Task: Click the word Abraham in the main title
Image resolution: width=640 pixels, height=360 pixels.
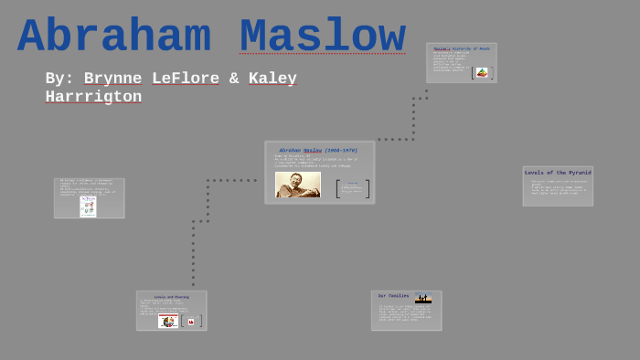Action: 113,38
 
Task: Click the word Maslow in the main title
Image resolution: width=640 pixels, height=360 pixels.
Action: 322,38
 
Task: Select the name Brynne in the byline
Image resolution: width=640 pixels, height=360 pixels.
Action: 112,79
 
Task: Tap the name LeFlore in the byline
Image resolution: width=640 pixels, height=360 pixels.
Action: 186,79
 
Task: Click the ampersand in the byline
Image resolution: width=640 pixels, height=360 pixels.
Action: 234,79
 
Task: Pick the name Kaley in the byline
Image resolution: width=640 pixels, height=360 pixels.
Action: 272,79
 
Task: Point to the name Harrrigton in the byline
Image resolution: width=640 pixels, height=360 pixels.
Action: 93,97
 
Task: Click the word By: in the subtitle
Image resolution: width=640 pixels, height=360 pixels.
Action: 59,79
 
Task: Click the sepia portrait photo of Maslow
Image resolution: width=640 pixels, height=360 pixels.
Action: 298,185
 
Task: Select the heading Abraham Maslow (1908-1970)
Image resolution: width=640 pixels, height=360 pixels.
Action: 318,150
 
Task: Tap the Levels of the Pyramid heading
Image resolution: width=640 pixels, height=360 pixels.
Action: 558,173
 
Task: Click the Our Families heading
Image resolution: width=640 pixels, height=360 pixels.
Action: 394,296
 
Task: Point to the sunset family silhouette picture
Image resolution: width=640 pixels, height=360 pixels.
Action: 422,298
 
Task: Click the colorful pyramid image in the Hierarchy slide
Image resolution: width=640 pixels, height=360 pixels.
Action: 482,72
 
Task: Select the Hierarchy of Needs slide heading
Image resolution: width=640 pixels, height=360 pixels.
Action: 462,48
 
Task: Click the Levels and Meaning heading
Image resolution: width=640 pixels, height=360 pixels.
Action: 172,297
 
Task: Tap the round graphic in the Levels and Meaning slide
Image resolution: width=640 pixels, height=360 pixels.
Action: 168,322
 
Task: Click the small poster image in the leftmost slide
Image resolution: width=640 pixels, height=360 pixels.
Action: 88,206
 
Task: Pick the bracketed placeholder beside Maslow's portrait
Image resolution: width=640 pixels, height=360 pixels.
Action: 353,188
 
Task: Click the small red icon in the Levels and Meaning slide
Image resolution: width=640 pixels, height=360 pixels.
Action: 191,322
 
